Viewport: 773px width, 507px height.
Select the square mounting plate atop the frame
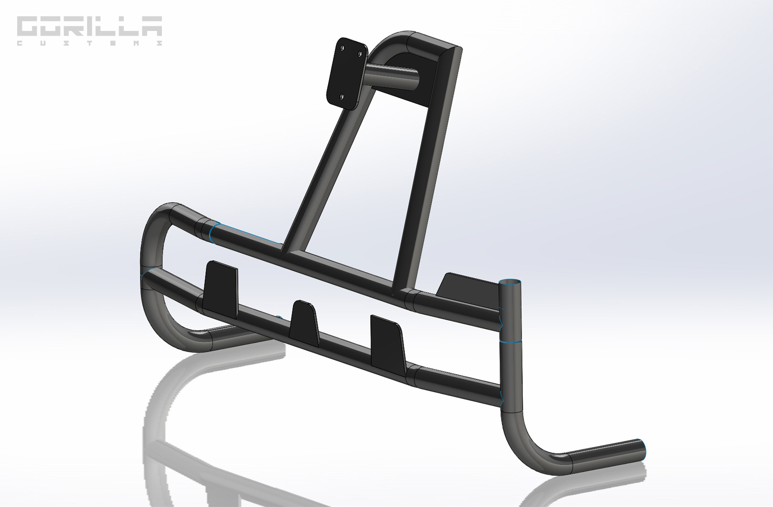346,73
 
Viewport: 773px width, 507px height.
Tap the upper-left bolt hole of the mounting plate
342,48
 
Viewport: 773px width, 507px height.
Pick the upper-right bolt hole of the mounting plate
360,54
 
